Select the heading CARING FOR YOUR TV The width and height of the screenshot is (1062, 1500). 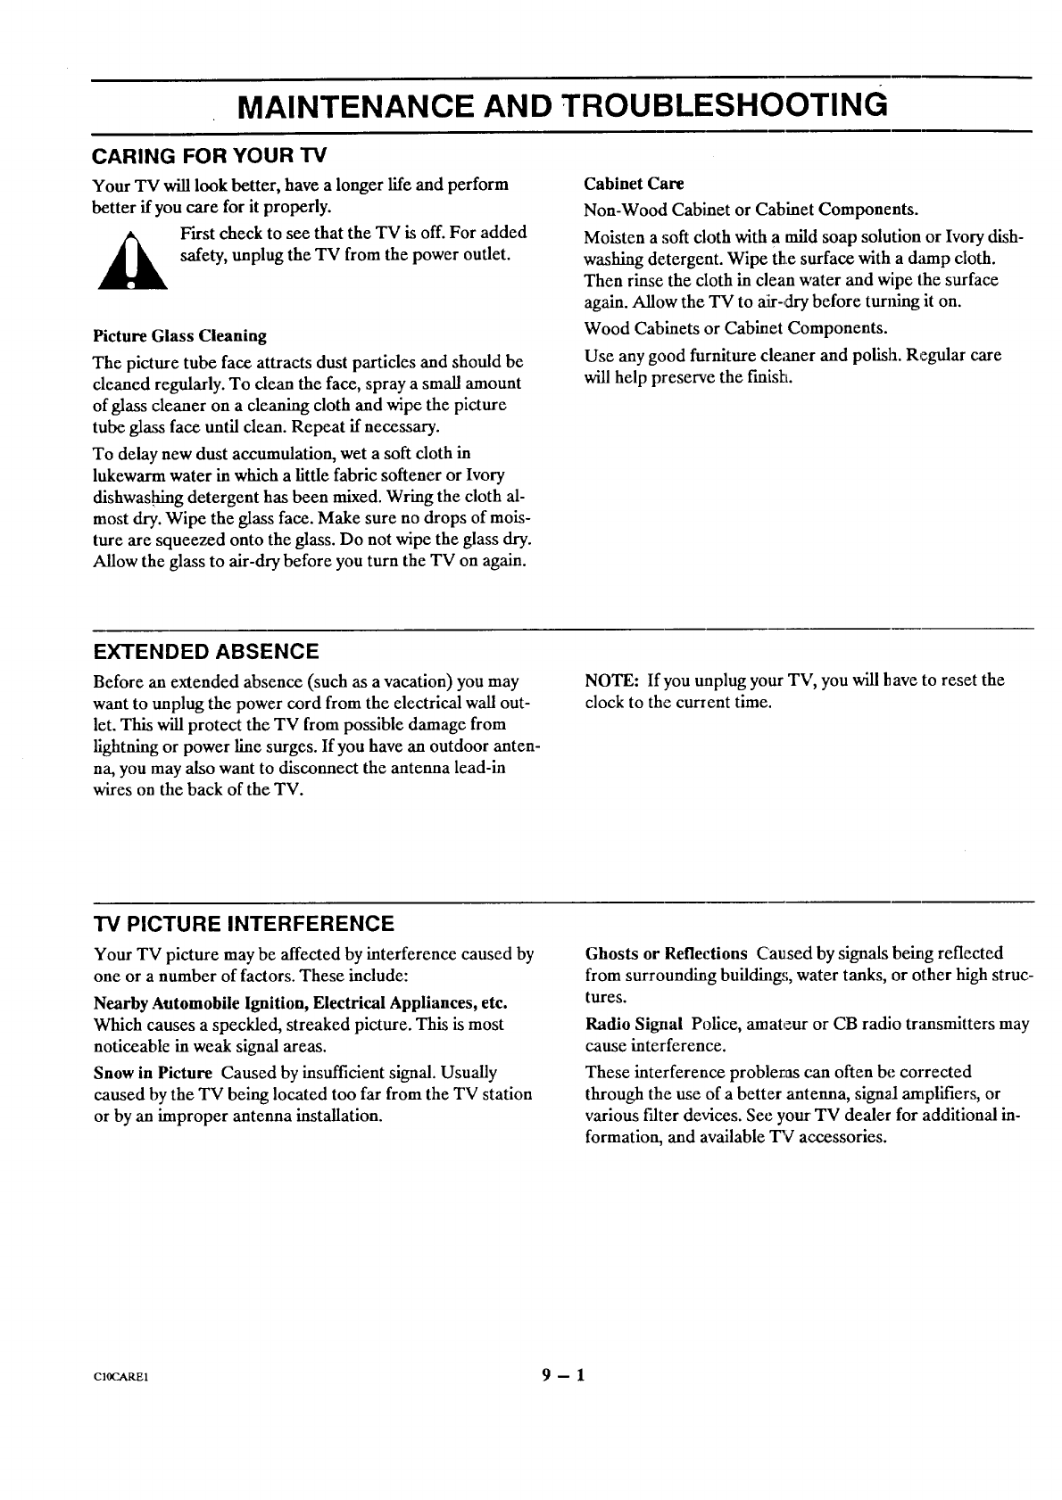click(x=210, y=156)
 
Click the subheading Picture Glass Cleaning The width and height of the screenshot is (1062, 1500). click(x=179, y=336)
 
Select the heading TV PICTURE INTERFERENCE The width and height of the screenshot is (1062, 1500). click(x=243, y=923)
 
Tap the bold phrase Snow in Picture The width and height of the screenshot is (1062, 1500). click(x=153, y=1072)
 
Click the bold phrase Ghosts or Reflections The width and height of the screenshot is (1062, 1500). click(x=666, y=953)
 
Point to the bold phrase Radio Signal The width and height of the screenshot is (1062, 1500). click(x=634, y=1024)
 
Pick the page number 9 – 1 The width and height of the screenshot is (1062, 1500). click(x=562, y=1374)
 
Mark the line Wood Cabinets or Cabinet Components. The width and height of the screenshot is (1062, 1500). click(x=735, y=327)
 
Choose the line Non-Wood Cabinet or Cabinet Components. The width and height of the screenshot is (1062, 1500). click(x=751, y=210)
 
